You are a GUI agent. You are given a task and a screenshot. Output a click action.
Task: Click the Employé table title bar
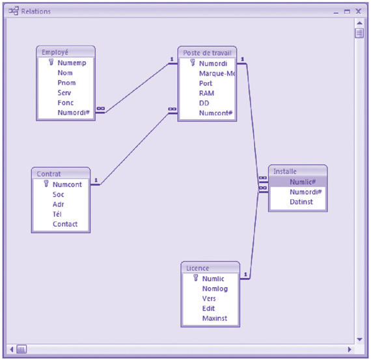tap(65, 52)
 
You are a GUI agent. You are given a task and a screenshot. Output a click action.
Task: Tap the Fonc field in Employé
tap(66, 102)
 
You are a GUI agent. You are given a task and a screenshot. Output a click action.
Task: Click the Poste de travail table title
tap(207, 52)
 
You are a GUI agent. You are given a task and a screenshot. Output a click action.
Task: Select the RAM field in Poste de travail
tap(206, 93)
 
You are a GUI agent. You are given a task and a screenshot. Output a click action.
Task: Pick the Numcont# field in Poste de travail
tap(215, 113)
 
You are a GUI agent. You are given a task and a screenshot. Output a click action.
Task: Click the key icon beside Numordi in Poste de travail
tap(193, 64)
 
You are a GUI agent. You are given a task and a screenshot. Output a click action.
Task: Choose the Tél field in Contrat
tap(58, 214)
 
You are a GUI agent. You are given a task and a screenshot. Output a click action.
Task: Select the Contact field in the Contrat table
tap(64, 224)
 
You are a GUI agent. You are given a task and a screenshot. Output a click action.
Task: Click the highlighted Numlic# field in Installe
tap(302, 182)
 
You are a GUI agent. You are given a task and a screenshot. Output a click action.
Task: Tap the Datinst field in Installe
tap(301, 202)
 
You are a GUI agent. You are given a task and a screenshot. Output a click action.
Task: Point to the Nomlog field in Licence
tap(215, 288)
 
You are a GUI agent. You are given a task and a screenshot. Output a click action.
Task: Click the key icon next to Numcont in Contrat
tap(46, 184)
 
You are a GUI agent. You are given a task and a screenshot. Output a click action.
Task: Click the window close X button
tap(359, 11)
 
